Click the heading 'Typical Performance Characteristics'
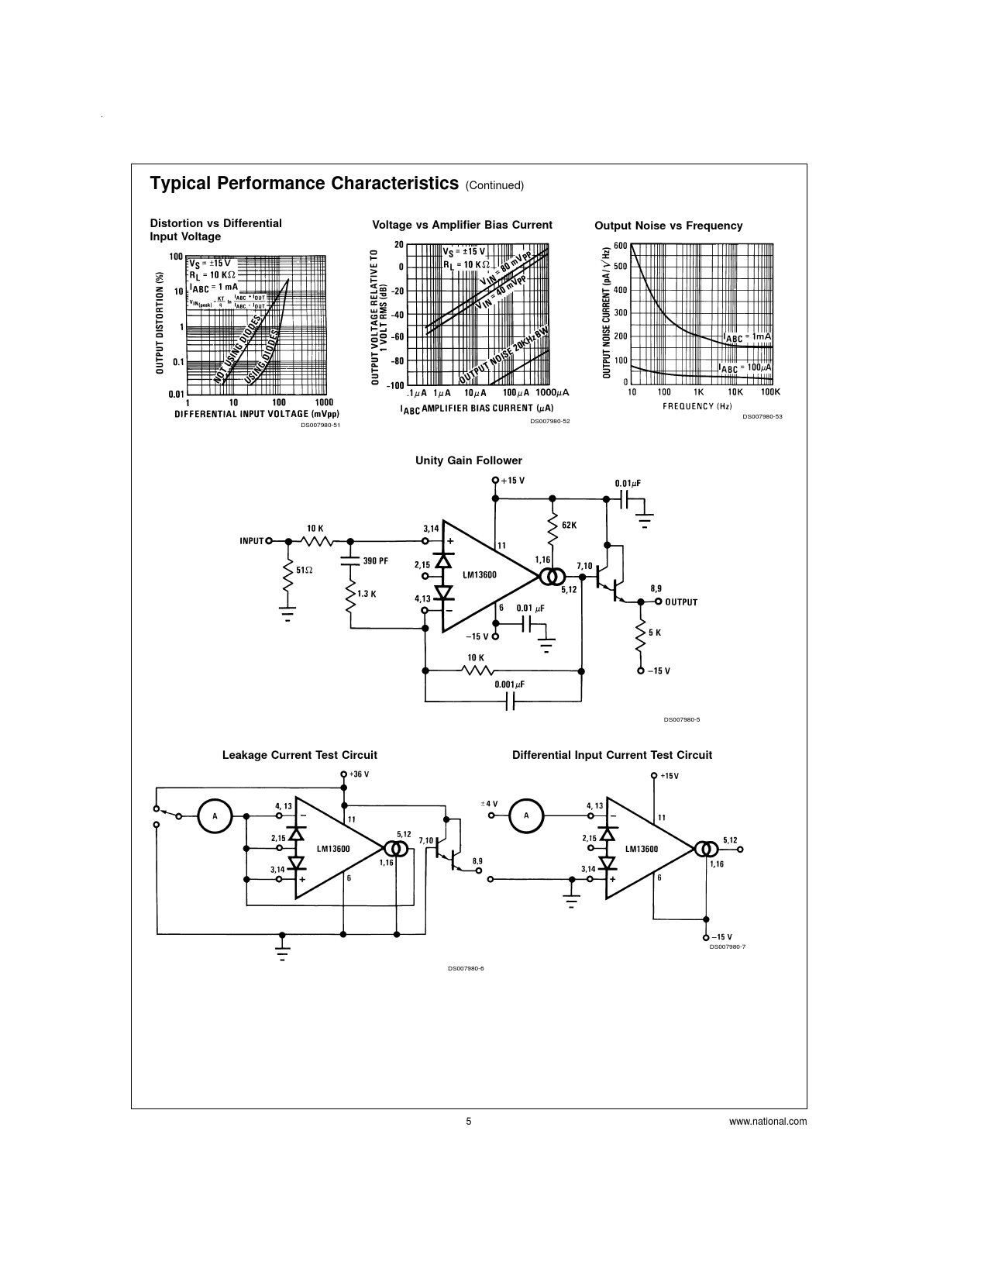click(x=304, y=184)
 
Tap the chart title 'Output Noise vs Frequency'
click(x=668, y=226)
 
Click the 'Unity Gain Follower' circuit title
click(x=468, y=460)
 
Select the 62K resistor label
click(x=569, y=525)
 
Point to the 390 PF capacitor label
click(x=376, y=560)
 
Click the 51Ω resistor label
click(x=305, y=570)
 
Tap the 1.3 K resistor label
click(x=367, y=594)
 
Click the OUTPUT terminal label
click(x=681, y=602)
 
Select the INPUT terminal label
click(x=252, y=541)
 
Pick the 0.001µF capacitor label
click(x=510, y=685)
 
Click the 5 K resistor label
click(x=655, y=633)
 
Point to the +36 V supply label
click(x=359, y=774)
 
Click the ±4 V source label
click(x=489, y=804)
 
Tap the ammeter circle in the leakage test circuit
click(x=215, y=816)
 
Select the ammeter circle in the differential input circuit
click(x=526, y=815)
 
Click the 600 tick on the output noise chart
click(x=620, y=246)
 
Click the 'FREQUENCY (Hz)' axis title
click(x=697, y=406)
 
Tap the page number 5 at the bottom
click(x=469, y=1121)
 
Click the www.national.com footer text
click(x=768, y=1121)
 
